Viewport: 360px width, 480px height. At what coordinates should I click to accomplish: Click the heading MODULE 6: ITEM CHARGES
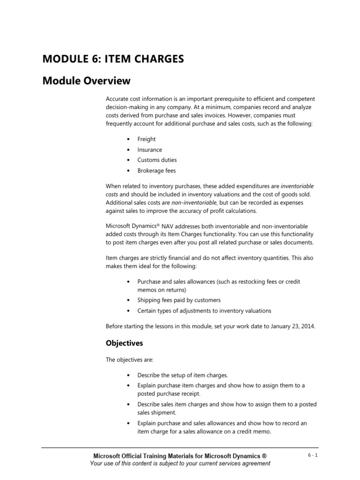click(x=113, y=59)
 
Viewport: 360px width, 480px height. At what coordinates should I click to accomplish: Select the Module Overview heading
click(x=86, y=81)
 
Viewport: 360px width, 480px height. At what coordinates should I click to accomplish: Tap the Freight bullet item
click(x=146, y=139)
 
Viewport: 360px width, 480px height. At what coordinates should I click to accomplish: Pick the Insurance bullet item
click(x=150, y=150)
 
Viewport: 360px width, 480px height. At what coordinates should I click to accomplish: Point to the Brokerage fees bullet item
click(x=157, y=171)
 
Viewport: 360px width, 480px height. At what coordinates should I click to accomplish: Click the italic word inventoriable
click(x=294, y=186)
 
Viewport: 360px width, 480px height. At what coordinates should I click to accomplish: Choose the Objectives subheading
click(x=124, y=344)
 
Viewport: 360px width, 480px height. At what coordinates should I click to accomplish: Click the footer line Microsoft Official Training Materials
click(x=180, y=456)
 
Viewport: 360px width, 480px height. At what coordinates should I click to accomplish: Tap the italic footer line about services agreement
click(x=180, y=464)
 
